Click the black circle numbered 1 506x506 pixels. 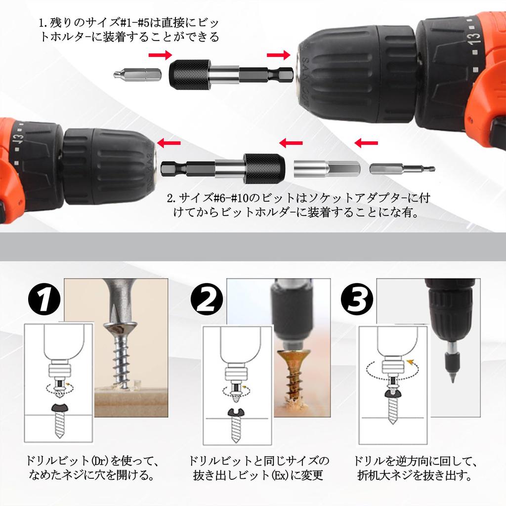pyautogui.click(x=44, y=299)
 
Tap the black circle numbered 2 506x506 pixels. pyautogui.click(x=207, y=299)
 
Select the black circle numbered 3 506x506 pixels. pyautogui.click(x=357, y=299)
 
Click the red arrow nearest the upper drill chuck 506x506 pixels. pyautogui.click(x=279, y=55)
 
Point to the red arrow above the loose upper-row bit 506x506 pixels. pyautogui.click(x=160, y=55)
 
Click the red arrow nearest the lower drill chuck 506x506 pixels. pyautogui.click(x=169, y=143)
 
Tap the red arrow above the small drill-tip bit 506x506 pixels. pyautogui.click(x=366, y=143)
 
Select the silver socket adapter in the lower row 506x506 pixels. pyautogui.click(x=327, y=169)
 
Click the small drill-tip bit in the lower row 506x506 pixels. pyautogui.click(x=402, y=169)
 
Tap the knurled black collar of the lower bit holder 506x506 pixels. pyautogui.click(x=264, y=169)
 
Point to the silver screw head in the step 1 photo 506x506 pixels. pyautogui.click(x=121, y=329)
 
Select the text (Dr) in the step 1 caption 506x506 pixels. pyautogui.click(x=99, y=461)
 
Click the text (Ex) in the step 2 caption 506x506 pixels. pyautogui.click(x=280, y=475)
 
